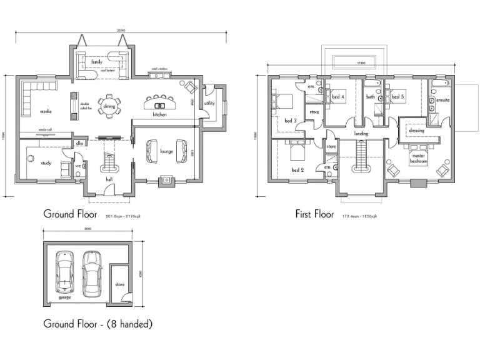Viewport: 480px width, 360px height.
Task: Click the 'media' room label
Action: (45, 111)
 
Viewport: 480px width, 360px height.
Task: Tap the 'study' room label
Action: (46, 164)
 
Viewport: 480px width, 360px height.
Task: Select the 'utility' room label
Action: (209, 103)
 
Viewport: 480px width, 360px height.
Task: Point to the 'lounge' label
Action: (166, 151)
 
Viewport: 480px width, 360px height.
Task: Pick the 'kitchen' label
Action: (159, 115)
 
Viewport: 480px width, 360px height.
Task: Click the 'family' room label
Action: (96, 62)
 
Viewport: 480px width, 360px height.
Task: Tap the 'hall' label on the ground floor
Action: (109, 179)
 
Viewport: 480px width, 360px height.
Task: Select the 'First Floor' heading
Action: (315, 214)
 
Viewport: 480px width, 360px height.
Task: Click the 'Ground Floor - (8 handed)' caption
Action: (97, 324)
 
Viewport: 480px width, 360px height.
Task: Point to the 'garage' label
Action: (64, 297)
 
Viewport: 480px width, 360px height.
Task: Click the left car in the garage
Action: (64, 271)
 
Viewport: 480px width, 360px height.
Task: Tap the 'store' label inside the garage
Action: (120, 284)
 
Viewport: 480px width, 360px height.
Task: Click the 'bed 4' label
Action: (338, 97)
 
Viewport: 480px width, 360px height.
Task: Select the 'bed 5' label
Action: (398, 97)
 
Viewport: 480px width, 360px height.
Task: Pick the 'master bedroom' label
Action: (419, 159)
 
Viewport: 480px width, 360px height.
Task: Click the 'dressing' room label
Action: (417, 131)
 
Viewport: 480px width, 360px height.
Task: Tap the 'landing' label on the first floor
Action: (361, 134)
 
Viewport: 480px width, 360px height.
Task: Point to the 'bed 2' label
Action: (297, 170)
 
